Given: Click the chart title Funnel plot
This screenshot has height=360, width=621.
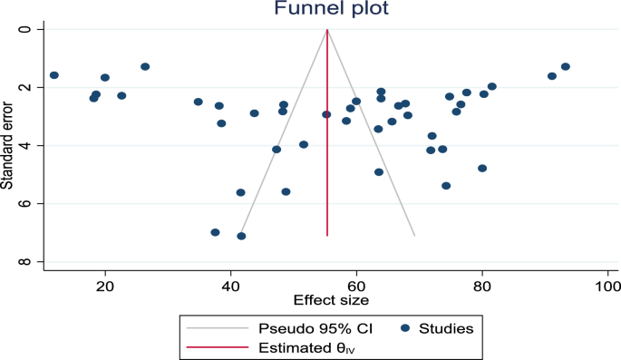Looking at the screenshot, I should click(x=327, y=9).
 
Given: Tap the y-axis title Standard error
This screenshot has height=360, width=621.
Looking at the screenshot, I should click(x=8, y=145).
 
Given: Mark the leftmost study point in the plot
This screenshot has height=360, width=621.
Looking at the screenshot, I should click(x=54, y=75).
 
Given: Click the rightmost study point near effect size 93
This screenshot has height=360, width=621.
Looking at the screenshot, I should click(x=566, y=66).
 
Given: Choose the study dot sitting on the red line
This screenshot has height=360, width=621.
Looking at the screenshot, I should click(x=326, y=114).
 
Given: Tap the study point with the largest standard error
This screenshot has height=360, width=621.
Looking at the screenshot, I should click(x=241, y=236).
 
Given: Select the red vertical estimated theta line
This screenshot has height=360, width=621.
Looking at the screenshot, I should click(x=327, y=181).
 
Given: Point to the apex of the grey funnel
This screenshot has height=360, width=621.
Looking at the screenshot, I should click(x=327, y=30).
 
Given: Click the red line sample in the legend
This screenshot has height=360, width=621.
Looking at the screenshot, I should click(x=215, y=345).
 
